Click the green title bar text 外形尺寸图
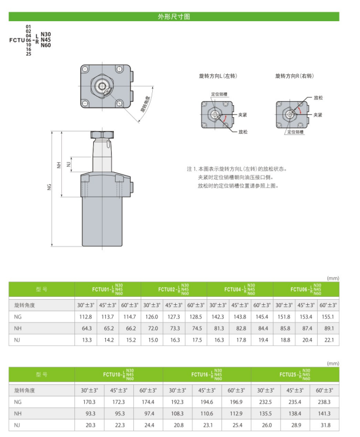click(174, 17)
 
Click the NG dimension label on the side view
click(50, 187)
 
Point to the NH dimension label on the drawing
click(59, 165)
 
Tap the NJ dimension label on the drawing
click(69, 164)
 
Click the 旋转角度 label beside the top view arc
click(145, 104)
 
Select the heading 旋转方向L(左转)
click(218, 76)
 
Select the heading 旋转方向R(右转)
click(295, 76)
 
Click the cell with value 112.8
click(86, 317)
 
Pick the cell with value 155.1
click(327, 317)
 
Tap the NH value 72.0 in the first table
click(153, 328)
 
